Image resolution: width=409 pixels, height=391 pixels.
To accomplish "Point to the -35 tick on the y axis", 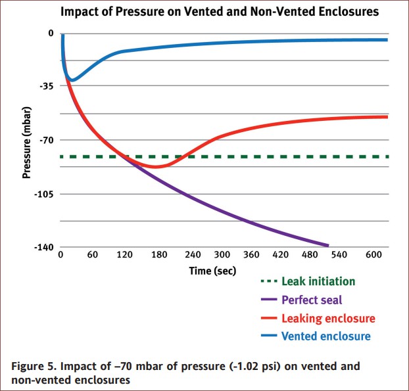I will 47,86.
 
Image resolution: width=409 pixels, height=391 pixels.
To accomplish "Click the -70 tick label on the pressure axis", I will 47,140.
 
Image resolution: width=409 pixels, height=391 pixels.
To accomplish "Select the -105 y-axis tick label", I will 45,194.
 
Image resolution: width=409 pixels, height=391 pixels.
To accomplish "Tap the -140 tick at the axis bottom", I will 45,247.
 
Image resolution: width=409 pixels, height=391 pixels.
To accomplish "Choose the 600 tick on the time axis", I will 372,255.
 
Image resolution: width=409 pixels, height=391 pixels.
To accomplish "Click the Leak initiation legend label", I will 318,281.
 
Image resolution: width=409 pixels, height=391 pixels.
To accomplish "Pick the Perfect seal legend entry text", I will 312,300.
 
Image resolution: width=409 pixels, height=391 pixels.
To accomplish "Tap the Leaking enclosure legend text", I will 328,318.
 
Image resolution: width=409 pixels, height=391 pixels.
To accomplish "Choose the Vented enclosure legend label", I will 325,336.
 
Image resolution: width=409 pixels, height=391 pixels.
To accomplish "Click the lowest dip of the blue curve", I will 72,80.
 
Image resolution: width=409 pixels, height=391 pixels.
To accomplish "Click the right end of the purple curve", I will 327,245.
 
